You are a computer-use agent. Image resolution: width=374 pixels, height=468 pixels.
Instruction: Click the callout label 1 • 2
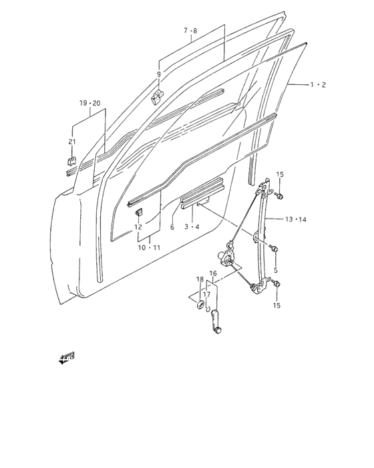318,85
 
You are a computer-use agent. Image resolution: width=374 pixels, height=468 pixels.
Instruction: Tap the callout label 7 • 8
190,31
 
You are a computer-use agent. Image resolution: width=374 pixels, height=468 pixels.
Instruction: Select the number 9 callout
159,74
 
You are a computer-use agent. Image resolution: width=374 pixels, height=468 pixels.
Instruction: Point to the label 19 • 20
90,103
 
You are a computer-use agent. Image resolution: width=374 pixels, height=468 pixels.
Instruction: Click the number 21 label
72,142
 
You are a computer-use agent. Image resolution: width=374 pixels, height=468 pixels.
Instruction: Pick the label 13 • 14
296,220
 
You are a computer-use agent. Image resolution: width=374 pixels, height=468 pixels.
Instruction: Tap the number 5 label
276,270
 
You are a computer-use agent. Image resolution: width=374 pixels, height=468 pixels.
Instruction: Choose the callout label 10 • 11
150,247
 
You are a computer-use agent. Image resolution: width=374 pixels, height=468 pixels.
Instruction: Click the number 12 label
138,227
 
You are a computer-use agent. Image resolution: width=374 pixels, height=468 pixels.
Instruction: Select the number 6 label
172,227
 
